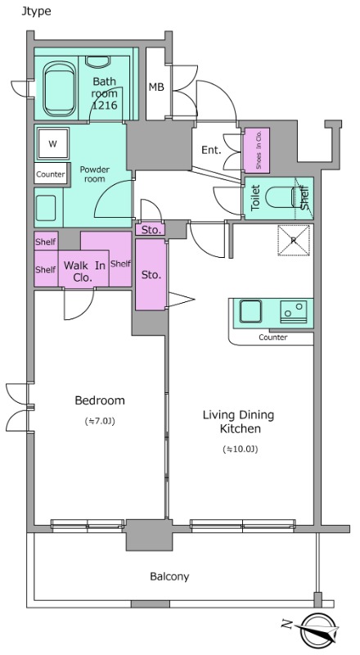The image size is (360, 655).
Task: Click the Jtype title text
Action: click(36, 11)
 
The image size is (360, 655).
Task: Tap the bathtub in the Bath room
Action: click(61, 88)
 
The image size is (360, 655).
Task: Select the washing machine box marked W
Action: click(52, 144)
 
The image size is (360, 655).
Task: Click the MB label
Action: click(156, 87)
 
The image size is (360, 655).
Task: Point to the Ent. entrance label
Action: click(211, 150)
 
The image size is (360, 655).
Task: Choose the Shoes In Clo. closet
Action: click(257, 151)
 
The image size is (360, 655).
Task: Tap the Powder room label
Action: click(95, 174)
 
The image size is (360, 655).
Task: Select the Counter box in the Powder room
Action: click(51, 174)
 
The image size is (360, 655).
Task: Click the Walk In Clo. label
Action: click(84, 271)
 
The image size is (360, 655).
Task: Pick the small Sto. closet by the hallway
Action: click(151, 229)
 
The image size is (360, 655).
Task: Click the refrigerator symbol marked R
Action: click(294, 240)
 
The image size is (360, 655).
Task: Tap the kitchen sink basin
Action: click(250, 312)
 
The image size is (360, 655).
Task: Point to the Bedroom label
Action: click(100, 400)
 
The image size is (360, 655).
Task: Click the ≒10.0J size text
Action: click(241, 449)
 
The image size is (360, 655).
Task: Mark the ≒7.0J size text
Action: click(100, 422)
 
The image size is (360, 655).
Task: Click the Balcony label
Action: click(169, 577)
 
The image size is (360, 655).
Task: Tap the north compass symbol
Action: click(317, 629)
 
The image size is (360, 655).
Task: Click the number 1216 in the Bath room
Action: click(105, 106)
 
